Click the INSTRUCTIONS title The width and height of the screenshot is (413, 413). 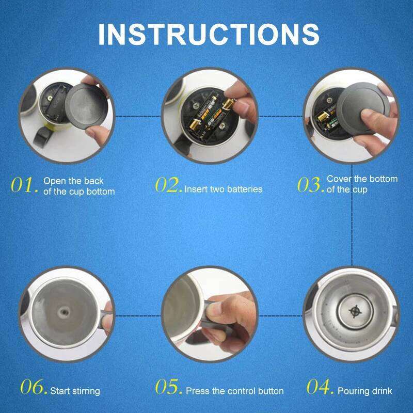click(209, 34)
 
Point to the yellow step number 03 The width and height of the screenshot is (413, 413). click(310, 185)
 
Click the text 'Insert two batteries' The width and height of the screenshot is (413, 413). click(224, 189)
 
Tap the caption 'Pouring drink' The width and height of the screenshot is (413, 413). click(364, 391)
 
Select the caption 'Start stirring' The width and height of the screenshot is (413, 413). click(75, 391)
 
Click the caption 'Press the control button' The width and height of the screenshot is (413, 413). click(235, 391)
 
